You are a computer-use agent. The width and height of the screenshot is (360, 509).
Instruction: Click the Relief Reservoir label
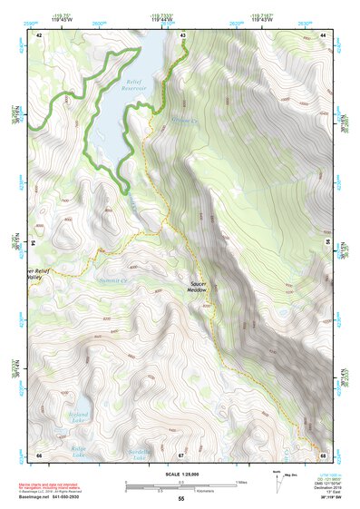pyautogui.click(x=134, y=84)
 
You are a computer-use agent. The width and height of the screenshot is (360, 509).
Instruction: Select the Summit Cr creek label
pyautogui.click(x=112, y=279)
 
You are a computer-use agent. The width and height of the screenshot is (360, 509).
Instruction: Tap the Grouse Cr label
pyautogui.click(x=184, y=120)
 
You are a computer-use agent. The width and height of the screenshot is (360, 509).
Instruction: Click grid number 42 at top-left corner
pyautogui.click(x=39, y=35)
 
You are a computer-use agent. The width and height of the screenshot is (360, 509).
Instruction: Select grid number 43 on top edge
pyautogui.click(x=183, y=35)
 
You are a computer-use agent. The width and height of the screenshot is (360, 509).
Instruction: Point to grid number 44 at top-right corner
pyautogui.click(x=324, y=35)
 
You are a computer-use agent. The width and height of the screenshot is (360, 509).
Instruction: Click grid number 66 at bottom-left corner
pyautogui.click(x=39, y=455)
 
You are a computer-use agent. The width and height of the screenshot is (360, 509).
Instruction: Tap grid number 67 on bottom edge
pyautogui.click(x=181, y=455)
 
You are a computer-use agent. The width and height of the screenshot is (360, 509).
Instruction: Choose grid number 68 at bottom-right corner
pyautogui.click(x=324, y=455)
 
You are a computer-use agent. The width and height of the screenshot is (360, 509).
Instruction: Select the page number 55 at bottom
pyautogui.click(x=180, y=499)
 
